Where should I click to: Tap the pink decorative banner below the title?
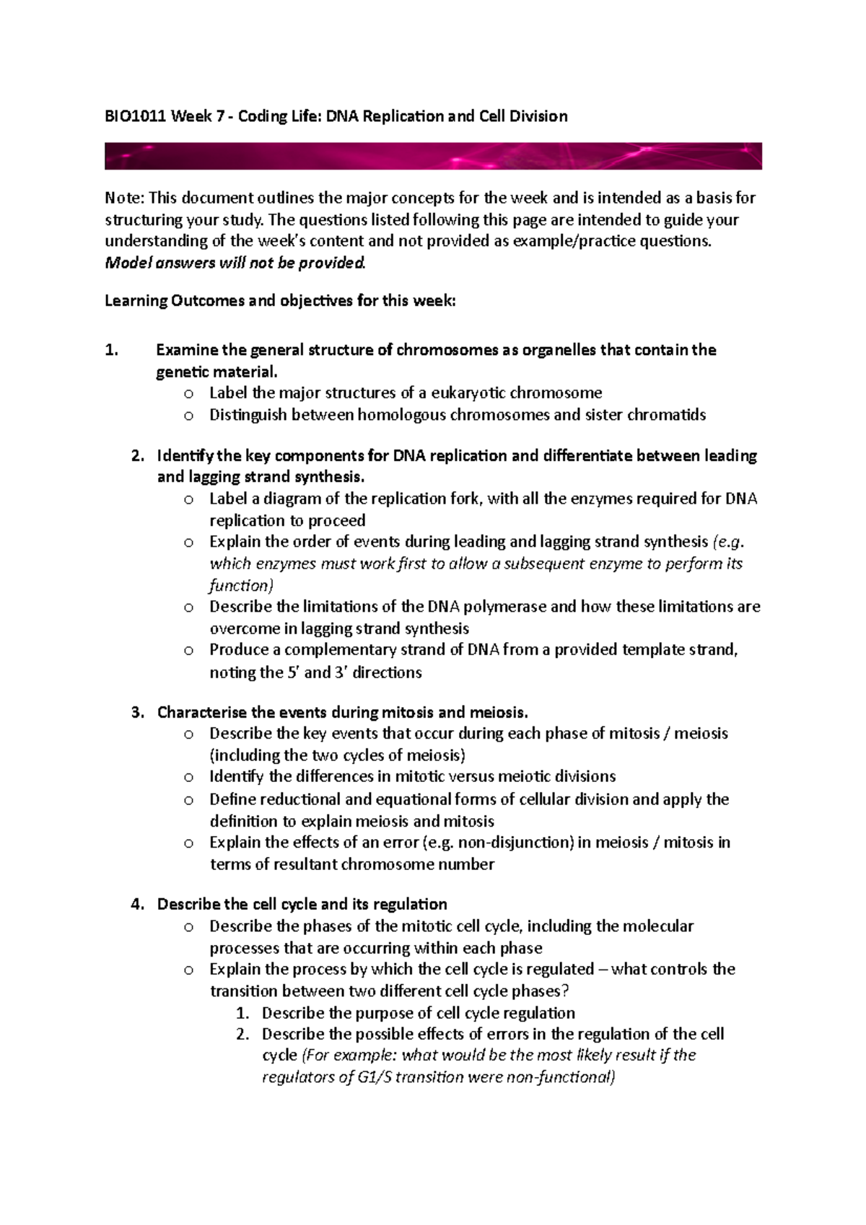pos(433,156)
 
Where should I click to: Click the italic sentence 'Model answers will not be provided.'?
pos(235,263)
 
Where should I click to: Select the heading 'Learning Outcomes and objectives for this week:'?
pos(280,301)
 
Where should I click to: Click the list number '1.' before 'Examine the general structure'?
pos(110,351)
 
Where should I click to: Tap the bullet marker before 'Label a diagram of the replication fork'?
pos(188,499)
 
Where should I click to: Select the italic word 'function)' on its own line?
pos(241,585)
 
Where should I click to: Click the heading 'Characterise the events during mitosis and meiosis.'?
pos(343,713)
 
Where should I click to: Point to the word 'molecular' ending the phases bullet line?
pos(657,926)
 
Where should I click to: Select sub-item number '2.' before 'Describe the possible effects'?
pos(242,1035)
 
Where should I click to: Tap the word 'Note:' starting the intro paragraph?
pos(125,198)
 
